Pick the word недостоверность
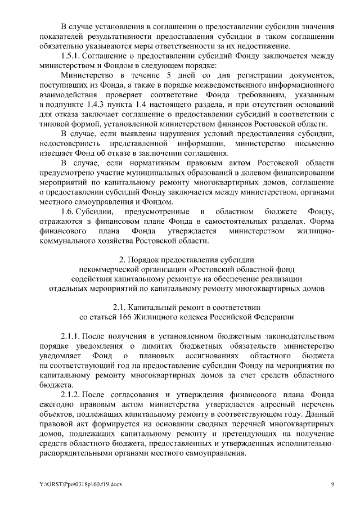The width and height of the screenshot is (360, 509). (70, 142)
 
